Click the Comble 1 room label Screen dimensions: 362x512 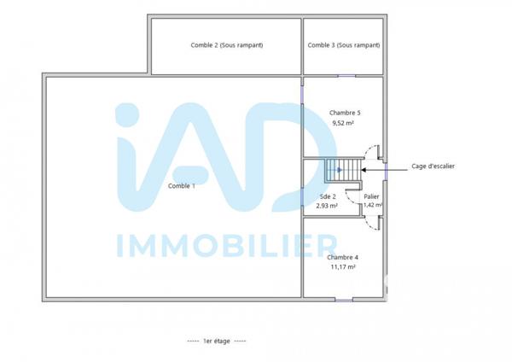[181, 185]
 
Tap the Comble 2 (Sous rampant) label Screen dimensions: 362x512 [227, 45]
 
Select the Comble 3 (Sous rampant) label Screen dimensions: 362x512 [344, 45]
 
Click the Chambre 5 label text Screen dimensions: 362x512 [345, 113]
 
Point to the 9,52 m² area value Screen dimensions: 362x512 [342, 123]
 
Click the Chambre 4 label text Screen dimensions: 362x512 [342, 257]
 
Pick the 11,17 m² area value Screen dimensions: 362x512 [343, 267]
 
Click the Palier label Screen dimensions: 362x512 [371, 196]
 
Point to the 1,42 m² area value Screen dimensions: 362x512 [372, 206]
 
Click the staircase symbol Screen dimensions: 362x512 [339, 170]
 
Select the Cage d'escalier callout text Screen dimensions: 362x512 [433, 166]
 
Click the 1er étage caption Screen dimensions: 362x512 [217, 342]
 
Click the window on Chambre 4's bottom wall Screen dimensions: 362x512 [343, 299]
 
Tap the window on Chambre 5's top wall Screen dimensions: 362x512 [346, 76]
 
